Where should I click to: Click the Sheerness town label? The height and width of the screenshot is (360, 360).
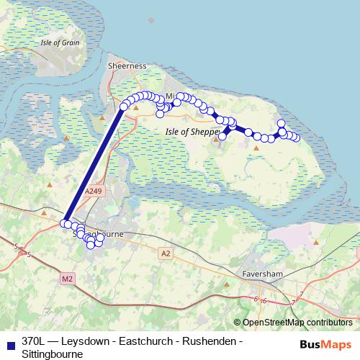coord(127,66)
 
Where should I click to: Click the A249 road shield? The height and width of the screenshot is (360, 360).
coord(93,192)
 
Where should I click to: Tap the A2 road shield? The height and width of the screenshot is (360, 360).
coord(166,253)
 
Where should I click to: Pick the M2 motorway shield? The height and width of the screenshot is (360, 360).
coord(68,279)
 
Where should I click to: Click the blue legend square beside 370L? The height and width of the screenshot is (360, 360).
coord(9,344)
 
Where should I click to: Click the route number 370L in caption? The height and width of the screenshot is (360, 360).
coord(35,341)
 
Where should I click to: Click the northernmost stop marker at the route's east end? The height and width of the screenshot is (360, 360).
coord(281,123)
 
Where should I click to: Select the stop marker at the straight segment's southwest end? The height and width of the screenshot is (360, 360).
coord(64,223)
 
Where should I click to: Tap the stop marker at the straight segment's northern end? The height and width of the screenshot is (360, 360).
coord(124,107)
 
